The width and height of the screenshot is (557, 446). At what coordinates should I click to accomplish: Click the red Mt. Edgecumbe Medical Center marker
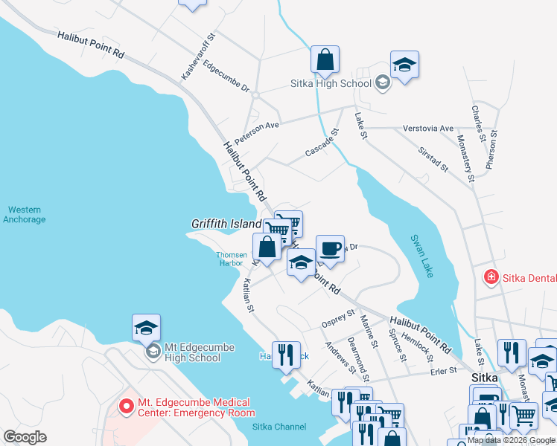(x=127, y=407)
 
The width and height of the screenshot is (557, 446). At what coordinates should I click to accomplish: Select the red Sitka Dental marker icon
(x=491, y=278)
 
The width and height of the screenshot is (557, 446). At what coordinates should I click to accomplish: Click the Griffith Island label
(x=226, y=223)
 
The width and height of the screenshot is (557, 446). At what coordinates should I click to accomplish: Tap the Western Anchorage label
(x=25, y=215)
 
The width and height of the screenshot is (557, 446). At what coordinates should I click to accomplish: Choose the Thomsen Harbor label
(x=231, y=258)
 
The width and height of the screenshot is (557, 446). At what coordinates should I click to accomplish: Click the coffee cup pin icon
(x=330, y=248)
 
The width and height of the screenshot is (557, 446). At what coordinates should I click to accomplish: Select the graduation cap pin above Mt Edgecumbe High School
(x=146, y=326)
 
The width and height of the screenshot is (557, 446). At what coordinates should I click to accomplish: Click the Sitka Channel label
(x=278, y=426)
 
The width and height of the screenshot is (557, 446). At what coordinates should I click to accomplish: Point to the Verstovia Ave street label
(x=427, y=129)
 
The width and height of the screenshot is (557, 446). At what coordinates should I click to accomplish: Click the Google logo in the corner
(x=25, y=437)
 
